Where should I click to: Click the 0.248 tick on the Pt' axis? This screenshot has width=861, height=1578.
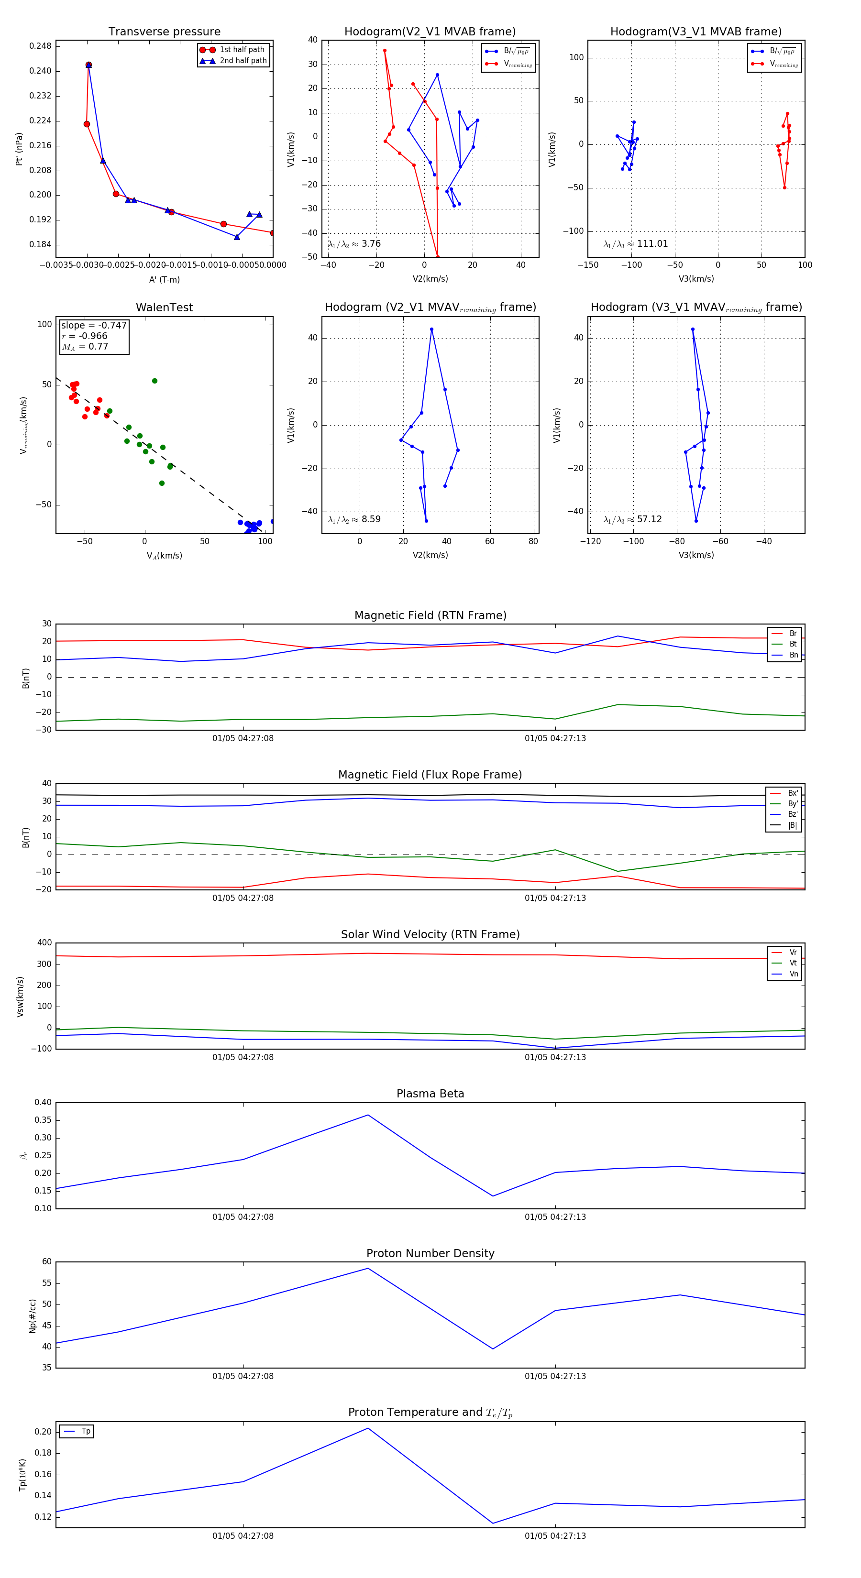(x=41, y=46)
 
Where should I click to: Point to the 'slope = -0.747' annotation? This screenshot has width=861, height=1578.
(x=94, y=325)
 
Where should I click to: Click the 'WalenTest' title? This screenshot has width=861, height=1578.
(x=164, y=307)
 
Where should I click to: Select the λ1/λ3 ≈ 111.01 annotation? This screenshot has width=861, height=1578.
(x=636, y=244)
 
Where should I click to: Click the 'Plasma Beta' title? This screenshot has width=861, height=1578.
(x=430, y=1094)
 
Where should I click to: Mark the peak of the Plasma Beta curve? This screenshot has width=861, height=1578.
(x=368, y=1115)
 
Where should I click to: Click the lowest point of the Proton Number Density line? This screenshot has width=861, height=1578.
(x=493, y=1348)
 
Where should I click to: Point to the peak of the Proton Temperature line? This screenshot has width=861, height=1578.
(x=368, y=1428)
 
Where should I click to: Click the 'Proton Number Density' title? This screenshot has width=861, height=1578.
(x=430, y=1253)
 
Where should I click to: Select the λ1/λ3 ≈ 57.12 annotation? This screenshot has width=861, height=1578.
(x=632, y=519)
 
